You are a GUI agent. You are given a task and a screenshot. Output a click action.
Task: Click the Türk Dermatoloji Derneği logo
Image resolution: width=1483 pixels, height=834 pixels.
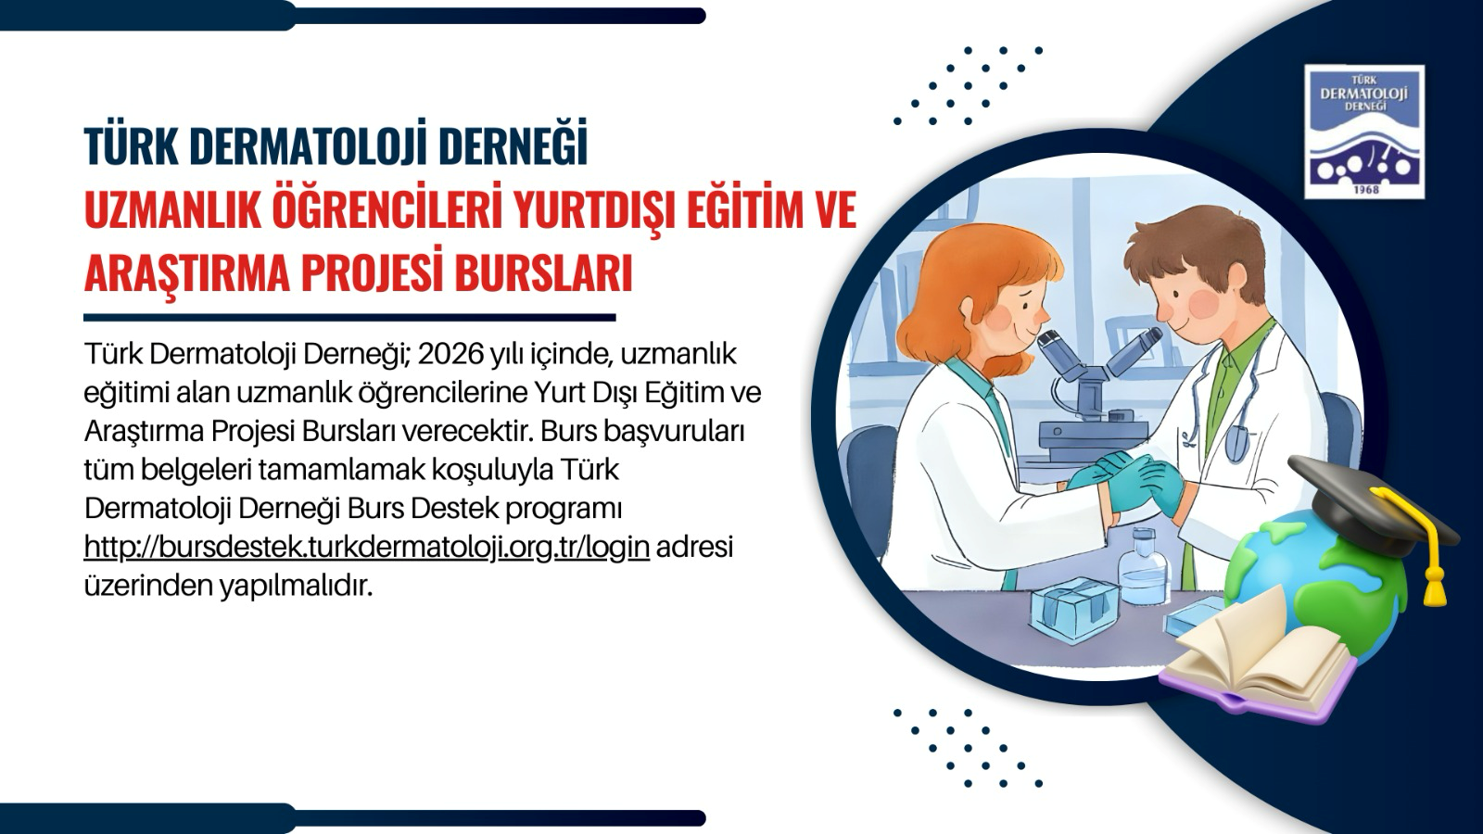click(1364, 132)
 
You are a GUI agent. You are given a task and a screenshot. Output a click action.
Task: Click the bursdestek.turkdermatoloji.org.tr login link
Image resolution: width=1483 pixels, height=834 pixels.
click(366, 548)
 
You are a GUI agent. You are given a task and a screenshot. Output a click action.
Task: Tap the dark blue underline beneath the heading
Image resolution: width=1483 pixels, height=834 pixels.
click(349, 318)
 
